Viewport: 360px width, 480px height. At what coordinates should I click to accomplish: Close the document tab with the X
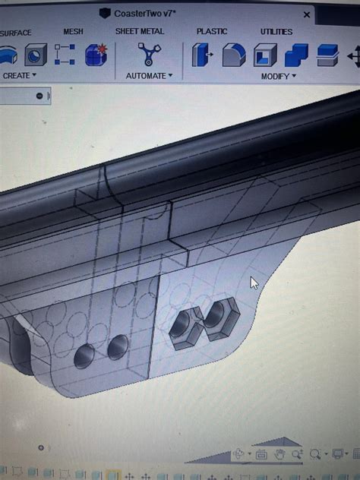coord(307,14)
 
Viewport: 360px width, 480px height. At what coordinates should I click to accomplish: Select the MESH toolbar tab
coord(74,32)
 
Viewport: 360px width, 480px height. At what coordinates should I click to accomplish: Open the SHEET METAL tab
coord(140,32)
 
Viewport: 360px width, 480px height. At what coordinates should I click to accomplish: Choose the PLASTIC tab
coord(212,32)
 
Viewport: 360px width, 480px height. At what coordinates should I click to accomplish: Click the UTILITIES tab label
coord(276,32)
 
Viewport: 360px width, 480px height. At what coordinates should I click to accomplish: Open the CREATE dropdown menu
coord(20,76)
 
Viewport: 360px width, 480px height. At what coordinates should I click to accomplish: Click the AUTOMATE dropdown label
coord(149,76)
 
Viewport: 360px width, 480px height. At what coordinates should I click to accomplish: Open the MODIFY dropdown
coord(278,77)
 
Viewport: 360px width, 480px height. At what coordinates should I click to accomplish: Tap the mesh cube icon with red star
coord(96,55)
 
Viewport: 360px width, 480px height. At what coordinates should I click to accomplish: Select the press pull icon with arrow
coord(202,55)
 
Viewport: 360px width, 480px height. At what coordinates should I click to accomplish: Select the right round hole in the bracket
coord(118,347)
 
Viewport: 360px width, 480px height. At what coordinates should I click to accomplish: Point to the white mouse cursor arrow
coord(254,283)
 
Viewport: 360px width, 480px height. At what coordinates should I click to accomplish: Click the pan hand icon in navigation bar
coord(279,454)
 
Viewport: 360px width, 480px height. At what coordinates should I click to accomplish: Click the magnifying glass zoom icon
coord(297,454)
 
